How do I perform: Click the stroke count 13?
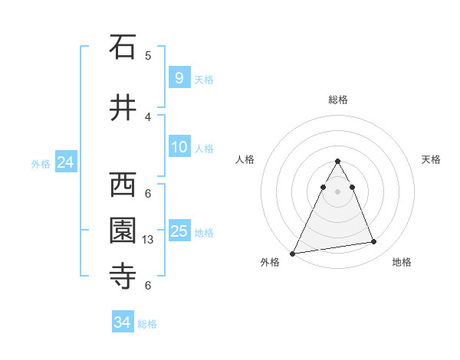(149, 240)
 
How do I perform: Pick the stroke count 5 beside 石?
(148, 56)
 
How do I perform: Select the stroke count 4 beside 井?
(148, 117)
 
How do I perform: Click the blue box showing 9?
(179, 77)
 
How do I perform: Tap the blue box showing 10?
(179, 147)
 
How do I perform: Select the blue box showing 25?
(179, 231)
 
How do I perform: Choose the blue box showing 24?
(65, 162)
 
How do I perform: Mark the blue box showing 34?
(122, 322)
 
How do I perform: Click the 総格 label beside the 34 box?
(147, 324)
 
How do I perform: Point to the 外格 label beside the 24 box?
(41, 163)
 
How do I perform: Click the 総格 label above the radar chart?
(337, 100)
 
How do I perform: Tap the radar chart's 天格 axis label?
(432, 159)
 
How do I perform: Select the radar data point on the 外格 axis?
(292, 254)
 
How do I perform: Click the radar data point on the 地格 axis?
(374, 242)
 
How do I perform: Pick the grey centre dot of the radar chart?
(337, 191)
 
